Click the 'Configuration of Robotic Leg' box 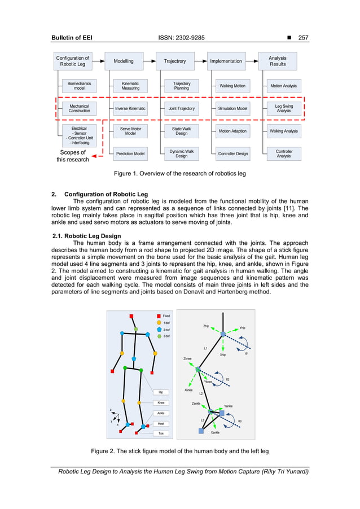[72, 61]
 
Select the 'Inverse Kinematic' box [130, 108]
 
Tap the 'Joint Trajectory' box [181, 108]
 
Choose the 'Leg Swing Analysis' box [283, 108]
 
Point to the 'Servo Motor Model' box [130, 131]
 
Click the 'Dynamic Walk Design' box [181, 153]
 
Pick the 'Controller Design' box [233, 153]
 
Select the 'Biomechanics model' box [80, 86]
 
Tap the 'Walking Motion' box [232, 86]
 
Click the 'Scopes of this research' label [73, 156]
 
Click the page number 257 [304, 38]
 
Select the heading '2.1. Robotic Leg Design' [91, 236]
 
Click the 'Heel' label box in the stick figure [161, 423]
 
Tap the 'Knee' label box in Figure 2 [161, 402]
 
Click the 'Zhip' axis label [206, 326]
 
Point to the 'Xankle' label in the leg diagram [215, 432]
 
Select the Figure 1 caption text [179, 173]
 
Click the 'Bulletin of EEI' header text [72, 38]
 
